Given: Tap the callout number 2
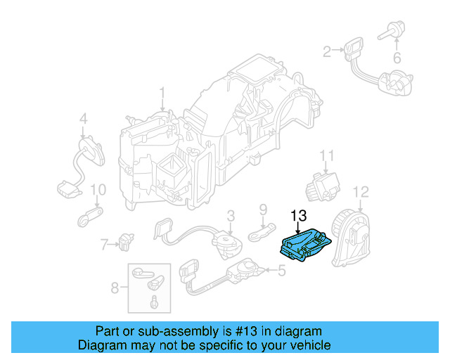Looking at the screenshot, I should tap(326, 51).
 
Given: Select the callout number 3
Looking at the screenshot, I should tap(230, 215).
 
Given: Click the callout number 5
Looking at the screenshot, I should tap(282, 270).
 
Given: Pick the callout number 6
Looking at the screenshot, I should tap(397, 58).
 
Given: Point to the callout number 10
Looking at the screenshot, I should tap(98, 190).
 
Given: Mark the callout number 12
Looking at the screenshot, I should tap(360, 191).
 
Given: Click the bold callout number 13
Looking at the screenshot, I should tap(298, 216).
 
